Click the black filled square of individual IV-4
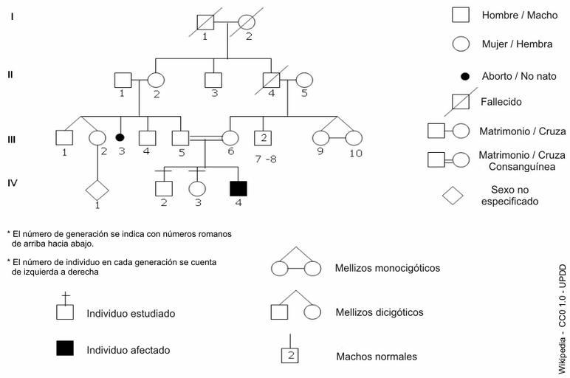pos(238,188)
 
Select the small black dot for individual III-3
pos(120,137)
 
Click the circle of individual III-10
pos(354,137)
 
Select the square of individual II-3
pos(213,80)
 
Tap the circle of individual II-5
pos(303,80)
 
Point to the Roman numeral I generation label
pos(12,16)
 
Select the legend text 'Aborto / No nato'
pos(518,76)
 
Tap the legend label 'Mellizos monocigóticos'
pos(387,268)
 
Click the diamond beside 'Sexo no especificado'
pos(452,195)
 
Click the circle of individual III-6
pos(230,137)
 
